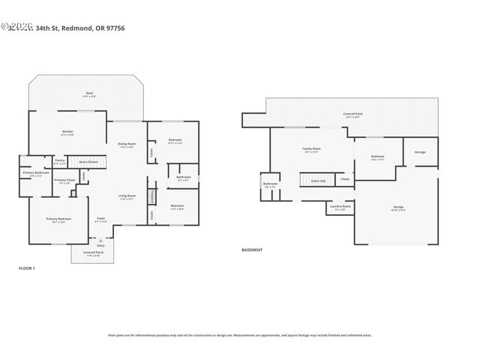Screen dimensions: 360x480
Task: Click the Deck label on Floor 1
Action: click(89, 93)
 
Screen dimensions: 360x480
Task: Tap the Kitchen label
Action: click(67, 132)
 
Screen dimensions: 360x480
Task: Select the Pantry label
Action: click(60, 160)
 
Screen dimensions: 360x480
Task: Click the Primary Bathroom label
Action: click(31, 173)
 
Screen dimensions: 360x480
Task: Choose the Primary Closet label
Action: click(64, 180)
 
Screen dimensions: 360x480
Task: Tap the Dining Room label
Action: click(127, 143)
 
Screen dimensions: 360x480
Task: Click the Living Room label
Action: click(126, 196)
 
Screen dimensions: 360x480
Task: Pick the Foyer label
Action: click(100, 219)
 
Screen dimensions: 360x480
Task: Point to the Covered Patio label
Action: click(352, 114)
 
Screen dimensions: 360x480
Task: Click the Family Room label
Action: click(311, 148)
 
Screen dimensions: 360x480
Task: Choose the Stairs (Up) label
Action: click(318, 180)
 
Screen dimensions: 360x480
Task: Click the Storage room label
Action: click(420, 153)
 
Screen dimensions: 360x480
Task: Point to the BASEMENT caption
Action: click(251, 250)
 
